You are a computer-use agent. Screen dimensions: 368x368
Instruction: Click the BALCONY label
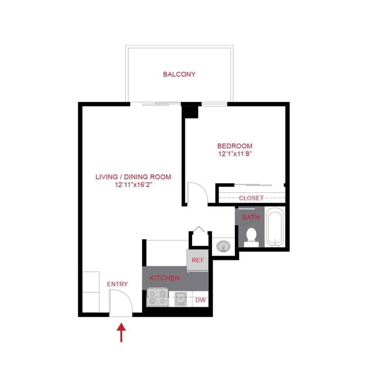[x=179, y=74]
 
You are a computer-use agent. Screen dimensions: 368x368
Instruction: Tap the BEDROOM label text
[x=235, y=146]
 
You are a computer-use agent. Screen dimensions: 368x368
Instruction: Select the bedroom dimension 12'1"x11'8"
[x=235, y=154]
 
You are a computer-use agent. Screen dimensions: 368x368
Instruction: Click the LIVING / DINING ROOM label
[x=133, y=177]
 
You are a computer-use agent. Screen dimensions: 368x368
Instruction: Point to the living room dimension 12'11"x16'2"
[x=133, y=185]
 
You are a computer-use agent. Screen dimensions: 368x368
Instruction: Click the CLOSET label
[x=251, y=198]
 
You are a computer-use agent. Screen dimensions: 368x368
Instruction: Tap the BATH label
[x=251, y=218]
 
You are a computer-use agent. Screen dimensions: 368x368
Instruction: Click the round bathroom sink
[x=223, y=246]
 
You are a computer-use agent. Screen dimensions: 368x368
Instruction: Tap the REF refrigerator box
[x=197, y=260]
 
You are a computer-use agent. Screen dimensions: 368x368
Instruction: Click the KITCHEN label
[x=164, y=278]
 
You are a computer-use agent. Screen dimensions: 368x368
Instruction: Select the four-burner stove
[x=158, y=297]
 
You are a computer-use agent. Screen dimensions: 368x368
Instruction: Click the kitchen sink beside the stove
[x=181, y=299]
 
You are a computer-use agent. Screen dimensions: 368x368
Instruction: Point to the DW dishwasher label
[x=200, y=300]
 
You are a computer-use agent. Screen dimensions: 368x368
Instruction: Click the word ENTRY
[x=117, y=284]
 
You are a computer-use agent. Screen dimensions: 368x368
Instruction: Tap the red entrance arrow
[x=121, y=332]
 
